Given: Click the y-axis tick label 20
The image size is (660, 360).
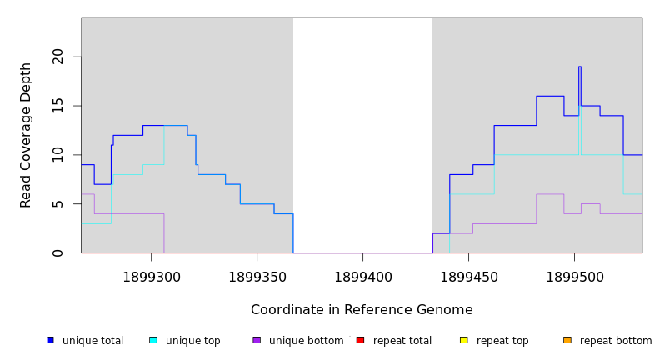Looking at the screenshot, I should click(x=57, y=57).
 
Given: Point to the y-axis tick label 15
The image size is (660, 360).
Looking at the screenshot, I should click(x=57, y=106).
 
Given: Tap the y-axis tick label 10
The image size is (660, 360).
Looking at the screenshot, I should click(x=57, y=154).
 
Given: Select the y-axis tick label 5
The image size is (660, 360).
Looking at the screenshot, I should click(x=57, y=203).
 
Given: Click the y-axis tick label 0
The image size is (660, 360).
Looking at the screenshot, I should click(x=57, y=252).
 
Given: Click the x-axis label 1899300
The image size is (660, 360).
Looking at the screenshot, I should click(x=151, y=277).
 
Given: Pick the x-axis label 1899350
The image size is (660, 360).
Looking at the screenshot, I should click(x=257, y=277).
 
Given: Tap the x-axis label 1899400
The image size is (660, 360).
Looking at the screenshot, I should click(x=362, y=277).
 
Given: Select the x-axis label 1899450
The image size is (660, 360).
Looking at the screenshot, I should click(x=468, y=277).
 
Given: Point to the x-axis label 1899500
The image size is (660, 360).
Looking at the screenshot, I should click(x=574, y=277).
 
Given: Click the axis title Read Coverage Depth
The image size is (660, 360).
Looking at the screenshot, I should click(x=26, y=135).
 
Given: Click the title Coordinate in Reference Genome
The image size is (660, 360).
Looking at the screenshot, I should click(x=362, y=310).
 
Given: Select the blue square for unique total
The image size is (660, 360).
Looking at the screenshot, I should click(x=51, y=340).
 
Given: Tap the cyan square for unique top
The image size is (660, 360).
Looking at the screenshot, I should click(x=153, y=340).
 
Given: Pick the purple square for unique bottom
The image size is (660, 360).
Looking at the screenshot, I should click(x=257, y=340).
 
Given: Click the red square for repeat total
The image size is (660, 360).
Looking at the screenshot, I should click(x=360, y=340).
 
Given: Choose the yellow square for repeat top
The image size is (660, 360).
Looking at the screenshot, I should click(x=464, y=340).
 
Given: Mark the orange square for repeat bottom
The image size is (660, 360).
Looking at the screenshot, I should click(x=567, y=340).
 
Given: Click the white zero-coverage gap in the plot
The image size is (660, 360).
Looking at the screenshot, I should click(x=362, y=133).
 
